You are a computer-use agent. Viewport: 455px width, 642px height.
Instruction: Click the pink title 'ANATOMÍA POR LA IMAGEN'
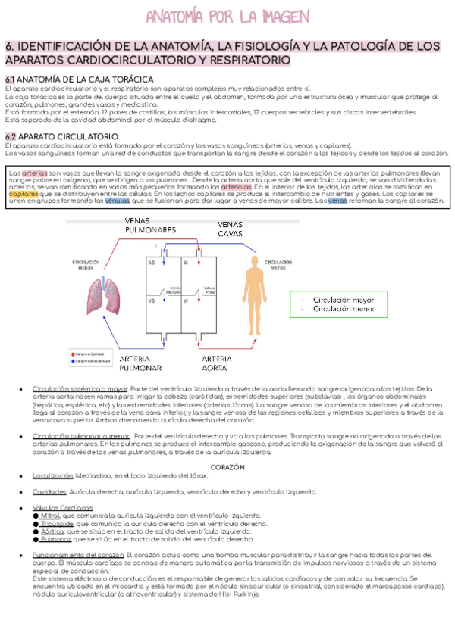[x=227, y=17]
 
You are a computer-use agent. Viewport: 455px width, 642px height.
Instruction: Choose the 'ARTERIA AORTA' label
[x=221, y=363]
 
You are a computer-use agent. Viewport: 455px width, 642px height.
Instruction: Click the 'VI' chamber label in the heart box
[x=185, y=301]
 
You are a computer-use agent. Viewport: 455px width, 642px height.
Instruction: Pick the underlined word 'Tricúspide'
[x=57, y=523]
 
